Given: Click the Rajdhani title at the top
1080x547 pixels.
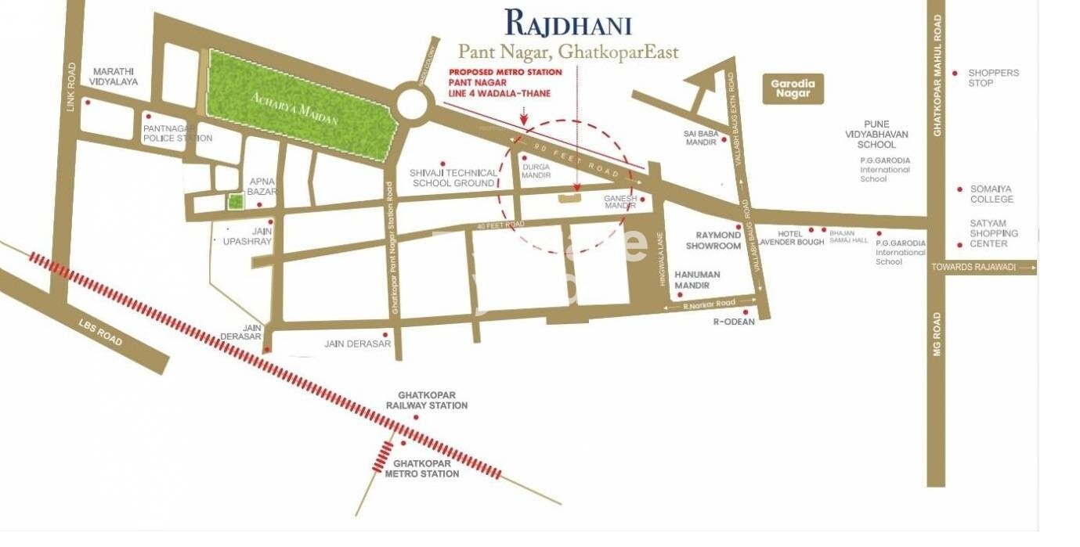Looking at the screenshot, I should coord(568,23).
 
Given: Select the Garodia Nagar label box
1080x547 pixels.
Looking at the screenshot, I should coord(793,88).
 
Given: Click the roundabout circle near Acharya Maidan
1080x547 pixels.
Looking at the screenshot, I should coord(414,103).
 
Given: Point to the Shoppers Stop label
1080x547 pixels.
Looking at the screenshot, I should coord(993,77).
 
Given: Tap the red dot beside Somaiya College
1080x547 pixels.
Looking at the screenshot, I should coord(959,189).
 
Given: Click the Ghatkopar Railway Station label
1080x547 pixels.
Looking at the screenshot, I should coord(426,400).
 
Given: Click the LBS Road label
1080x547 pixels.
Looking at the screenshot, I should coord(100,333).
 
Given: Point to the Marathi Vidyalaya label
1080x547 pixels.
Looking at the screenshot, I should coord(114,76).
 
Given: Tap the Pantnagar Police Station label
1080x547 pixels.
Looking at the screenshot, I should coord(177,133).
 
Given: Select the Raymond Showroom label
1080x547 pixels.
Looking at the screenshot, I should coord(713,240).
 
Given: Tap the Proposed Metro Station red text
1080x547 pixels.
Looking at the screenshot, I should coord(505,72).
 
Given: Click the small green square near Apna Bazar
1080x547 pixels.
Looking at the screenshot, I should coord(235,202).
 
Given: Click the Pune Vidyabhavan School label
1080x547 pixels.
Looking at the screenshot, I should coord(882,134).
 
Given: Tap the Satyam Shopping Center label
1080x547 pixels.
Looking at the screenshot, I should coord(994,233).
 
